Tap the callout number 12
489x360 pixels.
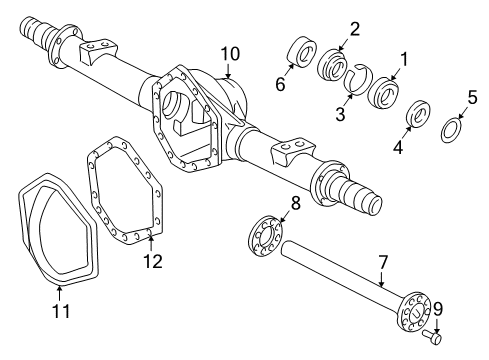[151, 262]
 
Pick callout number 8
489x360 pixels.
[295, 203]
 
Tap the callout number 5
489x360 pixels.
[471, 98]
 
